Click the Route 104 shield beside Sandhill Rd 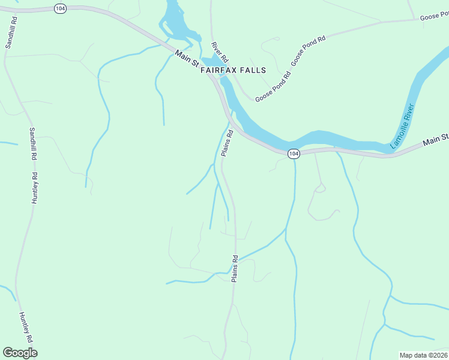[59, 8]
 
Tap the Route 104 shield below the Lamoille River [293, 154]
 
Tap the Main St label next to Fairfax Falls [187, 59]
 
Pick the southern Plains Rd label [235, 269]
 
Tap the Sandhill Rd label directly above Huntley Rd [34, 143]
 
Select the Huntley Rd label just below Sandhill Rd [35, 188]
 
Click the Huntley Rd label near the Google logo [26, 327]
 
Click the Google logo [20, 353]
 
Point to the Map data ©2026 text [423, 355]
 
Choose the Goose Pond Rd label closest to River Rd [273, 86]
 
